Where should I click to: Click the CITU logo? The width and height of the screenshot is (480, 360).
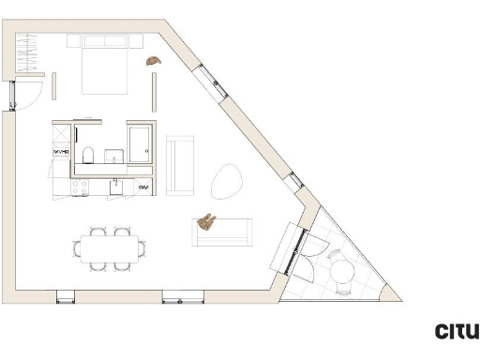click(x=457, y=331)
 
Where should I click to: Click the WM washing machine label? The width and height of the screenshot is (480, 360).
click(x=144, y=187)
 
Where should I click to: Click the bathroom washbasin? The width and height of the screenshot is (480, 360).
click(x=114, y=156)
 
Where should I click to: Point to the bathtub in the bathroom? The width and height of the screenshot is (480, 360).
click(x=142, y=143)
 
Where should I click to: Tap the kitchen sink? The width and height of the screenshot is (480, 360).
click(x=116, y=186)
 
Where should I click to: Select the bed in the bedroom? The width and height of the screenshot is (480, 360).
click(x=104, y=65)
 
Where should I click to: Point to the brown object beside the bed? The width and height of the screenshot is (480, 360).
click(x=153, y=60)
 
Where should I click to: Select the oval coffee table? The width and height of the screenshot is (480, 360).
click(x=226, y=180)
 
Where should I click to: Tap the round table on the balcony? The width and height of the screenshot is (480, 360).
click(x=342, y=274)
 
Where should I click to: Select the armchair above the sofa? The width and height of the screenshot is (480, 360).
click(x=179, y=165)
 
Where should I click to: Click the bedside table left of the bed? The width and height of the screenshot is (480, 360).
click(x=73, y=40)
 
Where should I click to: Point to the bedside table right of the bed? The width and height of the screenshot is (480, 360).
click(x=135, y=40)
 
